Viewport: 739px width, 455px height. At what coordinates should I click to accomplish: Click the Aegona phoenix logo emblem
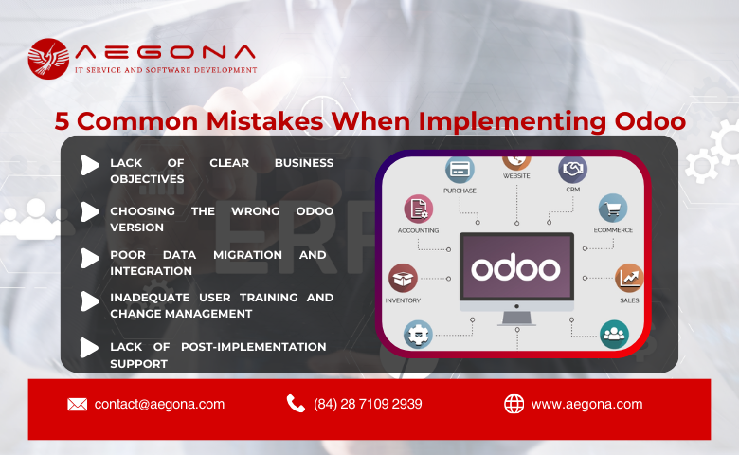tap(47, 59)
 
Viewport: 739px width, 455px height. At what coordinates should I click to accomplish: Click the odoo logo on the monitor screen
tap(515, 268)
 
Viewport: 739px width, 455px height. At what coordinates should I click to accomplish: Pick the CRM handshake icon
tap(572, 170)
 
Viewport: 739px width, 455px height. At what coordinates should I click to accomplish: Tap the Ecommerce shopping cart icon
tap(613, 209)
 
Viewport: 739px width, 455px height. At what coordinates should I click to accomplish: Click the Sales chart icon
tap(629, 278)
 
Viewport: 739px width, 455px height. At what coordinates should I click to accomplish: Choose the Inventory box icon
tap(403, 278)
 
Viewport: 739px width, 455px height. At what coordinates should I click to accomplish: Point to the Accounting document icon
tap(418, 209)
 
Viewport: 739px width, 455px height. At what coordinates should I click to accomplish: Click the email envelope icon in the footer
tap(78, 404)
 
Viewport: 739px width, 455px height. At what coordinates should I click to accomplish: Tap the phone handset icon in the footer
tap(296, 404)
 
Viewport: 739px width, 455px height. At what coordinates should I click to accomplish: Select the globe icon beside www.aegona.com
tap(514, 404)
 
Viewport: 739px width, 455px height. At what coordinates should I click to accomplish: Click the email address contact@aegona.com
tap(159, 404)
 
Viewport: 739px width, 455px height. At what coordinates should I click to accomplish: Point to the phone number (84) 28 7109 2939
tap(368, 404)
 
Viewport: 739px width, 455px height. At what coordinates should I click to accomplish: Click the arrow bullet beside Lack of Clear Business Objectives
tap(89, 165)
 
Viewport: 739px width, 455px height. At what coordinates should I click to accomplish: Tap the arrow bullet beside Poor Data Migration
tap(89, 258)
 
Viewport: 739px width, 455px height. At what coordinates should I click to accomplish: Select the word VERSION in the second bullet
tap(136, 227)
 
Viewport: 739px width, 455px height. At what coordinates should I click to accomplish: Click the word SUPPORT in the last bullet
tap(138, 364)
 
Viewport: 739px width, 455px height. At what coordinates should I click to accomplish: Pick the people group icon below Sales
tap(614, 333)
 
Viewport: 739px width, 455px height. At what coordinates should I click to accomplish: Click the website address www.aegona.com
tap(586, 404)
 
